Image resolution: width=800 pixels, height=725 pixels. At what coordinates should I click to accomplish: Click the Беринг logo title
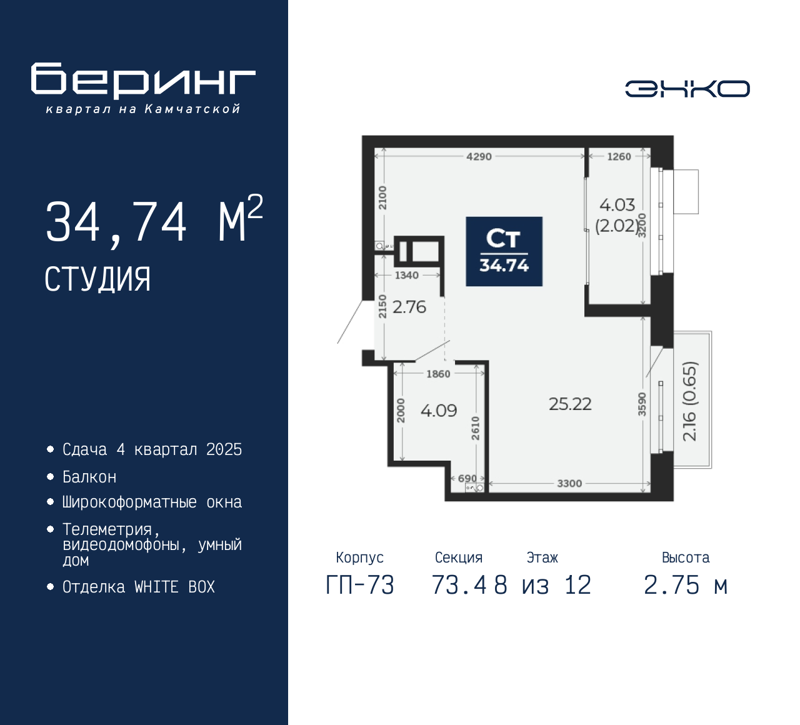click(143, 81)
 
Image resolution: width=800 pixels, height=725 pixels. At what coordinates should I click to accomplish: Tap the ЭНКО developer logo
click(687, 89)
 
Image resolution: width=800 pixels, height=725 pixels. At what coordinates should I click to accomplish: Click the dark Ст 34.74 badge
click(504, 252)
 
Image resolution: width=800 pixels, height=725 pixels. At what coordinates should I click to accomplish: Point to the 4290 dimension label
click(479, 157)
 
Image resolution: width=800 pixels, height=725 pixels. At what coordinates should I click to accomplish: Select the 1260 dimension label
click(619, 157)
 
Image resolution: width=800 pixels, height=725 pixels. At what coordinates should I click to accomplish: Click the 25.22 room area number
click(570, 404)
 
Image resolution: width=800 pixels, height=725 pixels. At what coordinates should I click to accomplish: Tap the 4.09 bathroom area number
click(439, 411)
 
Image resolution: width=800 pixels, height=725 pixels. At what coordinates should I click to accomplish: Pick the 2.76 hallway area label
click(409, 307)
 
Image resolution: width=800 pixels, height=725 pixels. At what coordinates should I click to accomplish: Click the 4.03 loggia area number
click(617, 205)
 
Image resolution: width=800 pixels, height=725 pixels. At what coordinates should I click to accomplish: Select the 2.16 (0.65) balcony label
click(689, 401)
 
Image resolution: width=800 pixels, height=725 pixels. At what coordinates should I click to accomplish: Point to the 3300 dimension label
click(569, 484)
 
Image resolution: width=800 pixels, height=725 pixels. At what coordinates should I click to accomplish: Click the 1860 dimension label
click(438, 374)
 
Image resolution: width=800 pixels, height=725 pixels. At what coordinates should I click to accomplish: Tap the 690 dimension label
click(467, 478)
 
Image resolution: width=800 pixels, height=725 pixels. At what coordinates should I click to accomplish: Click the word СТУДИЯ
click(97, 279)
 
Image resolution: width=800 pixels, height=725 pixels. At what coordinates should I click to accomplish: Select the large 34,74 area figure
click(116, 222)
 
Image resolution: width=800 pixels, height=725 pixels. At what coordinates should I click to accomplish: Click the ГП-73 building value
click(360, 585)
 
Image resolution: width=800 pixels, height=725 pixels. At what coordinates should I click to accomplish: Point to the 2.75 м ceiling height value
click(686, 585)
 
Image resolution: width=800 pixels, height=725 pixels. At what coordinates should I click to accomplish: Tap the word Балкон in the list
click(89, 477)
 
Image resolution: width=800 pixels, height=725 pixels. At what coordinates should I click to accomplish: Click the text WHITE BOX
click(174, 587)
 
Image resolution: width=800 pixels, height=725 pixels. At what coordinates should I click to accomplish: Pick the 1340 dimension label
click(406, 275)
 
